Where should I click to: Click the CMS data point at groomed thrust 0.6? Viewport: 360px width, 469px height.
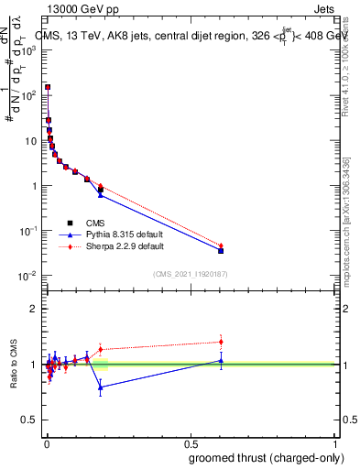221,250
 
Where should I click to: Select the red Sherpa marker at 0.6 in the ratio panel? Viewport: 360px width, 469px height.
221,342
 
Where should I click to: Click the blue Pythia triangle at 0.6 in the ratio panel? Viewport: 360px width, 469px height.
221,360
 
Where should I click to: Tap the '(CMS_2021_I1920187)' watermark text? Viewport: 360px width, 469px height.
190,274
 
